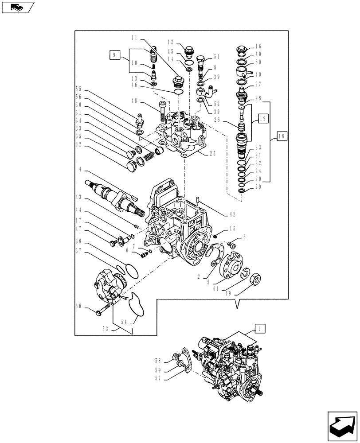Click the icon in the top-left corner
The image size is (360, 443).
[x=17, y=7]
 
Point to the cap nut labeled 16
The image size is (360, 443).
[x=243, y=49]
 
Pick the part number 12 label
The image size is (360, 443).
[x=170, y=42]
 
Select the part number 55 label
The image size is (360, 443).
[x=79, y=89]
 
